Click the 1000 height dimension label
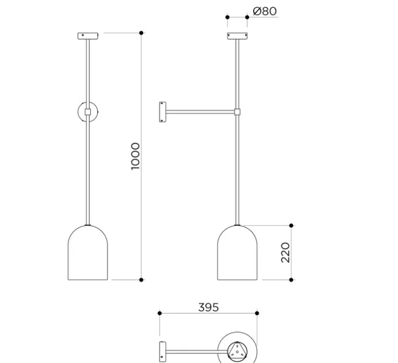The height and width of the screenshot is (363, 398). click(135, 156)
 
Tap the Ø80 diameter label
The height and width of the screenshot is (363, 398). click(264, 11)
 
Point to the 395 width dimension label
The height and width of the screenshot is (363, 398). click(209, 307)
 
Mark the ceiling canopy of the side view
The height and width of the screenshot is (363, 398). click(236, 35)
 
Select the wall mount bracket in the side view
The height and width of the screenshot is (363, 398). click(161, 112)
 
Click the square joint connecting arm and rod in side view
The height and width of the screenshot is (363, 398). click(236, 112)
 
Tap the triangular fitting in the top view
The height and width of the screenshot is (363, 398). click(236, 352)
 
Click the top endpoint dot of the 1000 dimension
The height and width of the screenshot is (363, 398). click(141, 33)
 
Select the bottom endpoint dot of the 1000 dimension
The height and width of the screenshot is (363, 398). click(141, 279)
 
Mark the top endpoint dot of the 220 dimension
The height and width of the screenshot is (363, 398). click(292, 225)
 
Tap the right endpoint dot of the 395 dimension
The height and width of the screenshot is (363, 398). click(257, 313)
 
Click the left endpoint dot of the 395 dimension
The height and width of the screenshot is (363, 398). click(160, 313)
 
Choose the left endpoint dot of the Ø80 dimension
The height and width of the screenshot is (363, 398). click(227, 17)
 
